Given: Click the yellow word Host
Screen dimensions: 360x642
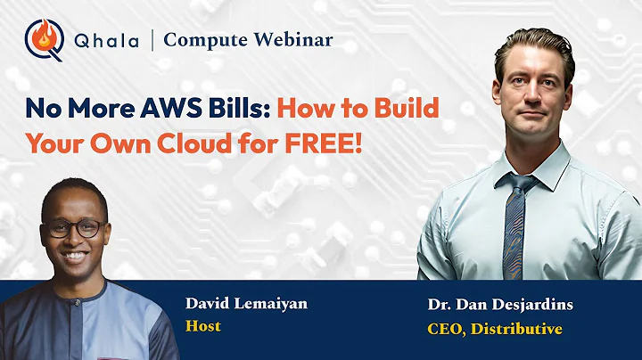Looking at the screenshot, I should click(202, 326).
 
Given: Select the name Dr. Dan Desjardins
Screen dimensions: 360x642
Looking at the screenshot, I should click(499, 305).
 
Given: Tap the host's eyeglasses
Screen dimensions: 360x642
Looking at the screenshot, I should click(74, 228).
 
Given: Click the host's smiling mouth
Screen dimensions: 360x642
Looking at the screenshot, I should click(76, 255).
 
